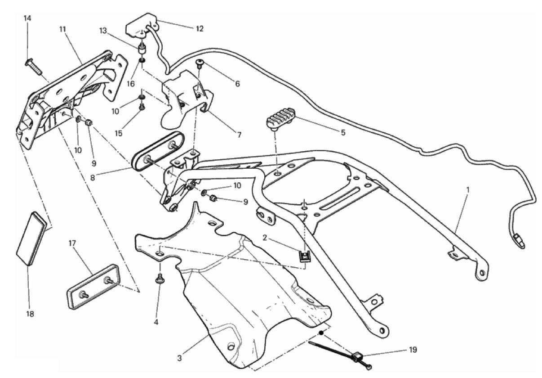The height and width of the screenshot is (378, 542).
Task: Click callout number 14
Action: point(27,18)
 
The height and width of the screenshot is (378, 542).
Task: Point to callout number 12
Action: point(200,29)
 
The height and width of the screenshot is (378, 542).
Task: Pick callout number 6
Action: point(237,83)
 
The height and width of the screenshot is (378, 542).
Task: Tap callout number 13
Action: point(103,31)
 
